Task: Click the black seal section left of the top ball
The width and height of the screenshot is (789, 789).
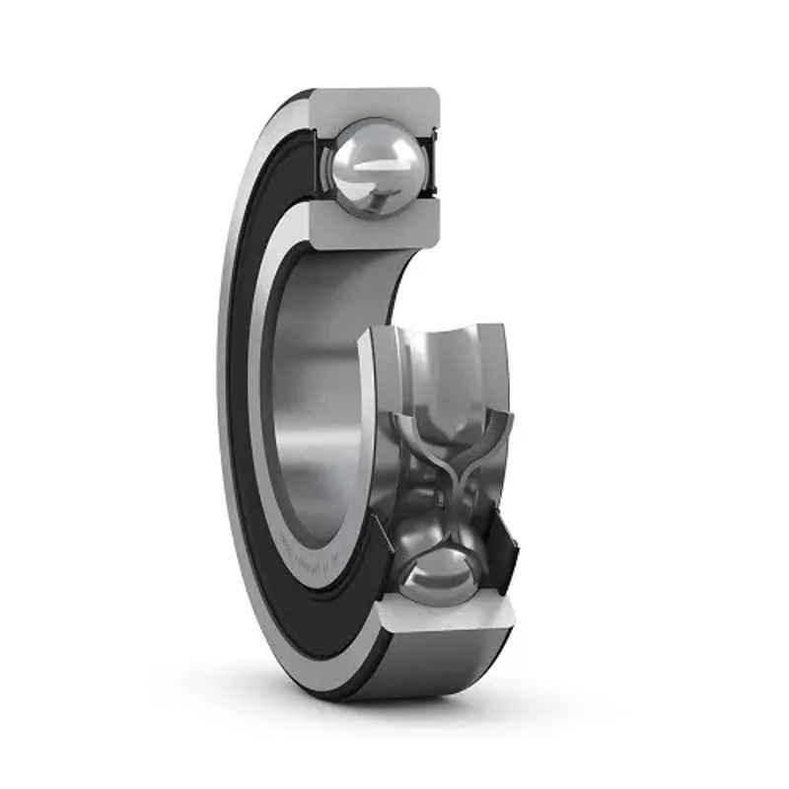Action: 320,163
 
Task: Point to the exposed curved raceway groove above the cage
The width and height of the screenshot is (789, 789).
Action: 444,365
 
